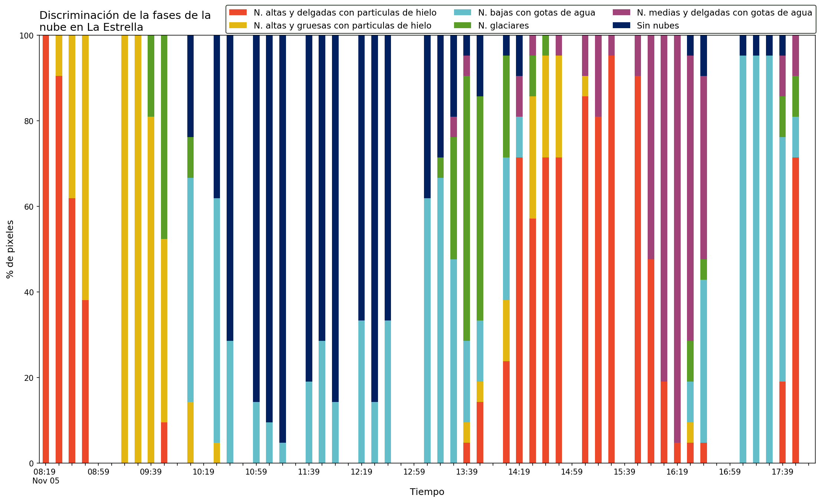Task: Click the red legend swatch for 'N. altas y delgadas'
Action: pyautogui.click(x=238, y=13)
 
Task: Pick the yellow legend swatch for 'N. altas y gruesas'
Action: pyautogui.click(x=238, y=26)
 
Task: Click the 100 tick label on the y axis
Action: pyautogui.click(x=28, y=36)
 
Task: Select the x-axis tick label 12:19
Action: pyautogui.click(x=361, y=472)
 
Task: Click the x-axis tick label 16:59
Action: pyautogui.click(x=730, y=472)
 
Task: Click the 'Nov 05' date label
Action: pyautogui.click(x=46, y=481)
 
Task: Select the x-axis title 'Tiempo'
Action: pyautogui.click(x=427, y=492)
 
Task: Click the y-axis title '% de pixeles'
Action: pyautogui.click(x=10, y=249)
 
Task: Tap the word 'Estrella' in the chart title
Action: pyautogui.click(x=125, y=27)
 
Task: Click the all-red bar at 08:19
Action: pyautogui.click(x=46, y=249)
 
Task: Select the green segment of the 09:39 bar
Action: pyautogui.click(x=151, y=76)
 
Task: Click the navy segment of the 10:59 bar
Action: pyautogui.click(x=256, y=219)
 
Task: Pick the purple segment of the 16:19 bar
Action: pyautogui.click(x=677, y=239)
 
